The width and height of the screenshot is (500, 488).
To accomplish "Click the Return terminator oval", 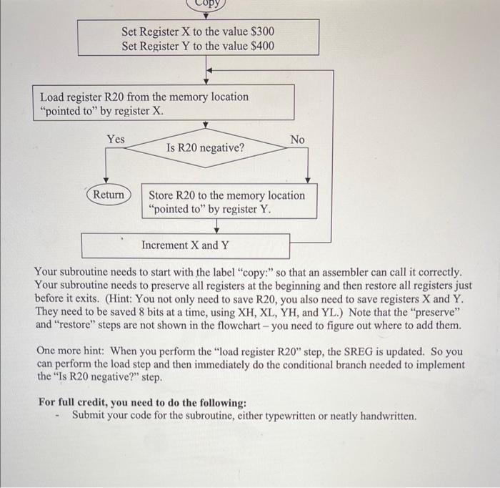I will tap(109, 195).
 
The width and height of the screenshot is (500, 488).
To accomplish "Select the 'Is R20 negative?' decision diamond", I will tap(205, 149).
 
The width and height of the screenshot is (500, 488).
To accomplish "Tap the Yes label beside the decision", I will tap(115, 138).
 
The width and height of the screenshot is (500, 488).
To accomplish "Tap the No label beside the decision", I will tap(297, 139).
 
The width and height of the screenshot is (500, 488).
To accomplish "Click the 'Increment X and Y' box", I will tap(185, 245).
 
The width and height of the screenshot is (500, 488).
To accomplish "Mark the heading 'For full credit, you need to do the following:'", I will tap(143, 402).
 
